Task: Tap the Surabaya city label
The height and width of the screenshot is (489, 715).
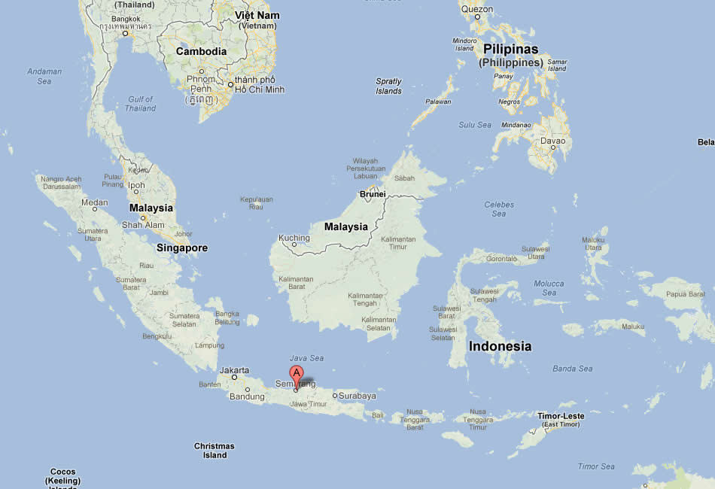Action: point(357,396)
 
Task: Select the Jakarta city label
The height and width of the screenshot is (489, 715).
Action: point(234,370)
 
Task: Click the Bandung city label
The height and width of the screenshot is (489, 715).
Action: point(247,396)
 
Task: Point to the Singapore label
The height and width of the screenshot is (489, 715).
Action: point(182,248)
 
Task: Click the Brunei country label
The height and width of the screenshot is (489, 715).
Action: point(373,193)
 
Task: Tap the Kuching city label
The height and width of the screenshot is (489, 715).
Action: point(294,238)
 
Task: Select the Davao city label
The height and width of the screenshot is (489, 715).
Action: point(552,141)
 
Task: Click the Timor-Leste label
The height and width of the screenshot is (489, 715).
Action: point(561,416)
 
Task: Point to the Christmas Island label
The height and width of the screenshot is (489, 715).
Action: point(214,451)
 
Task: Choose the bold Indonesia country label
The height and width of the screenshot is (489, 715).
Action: point(500,347)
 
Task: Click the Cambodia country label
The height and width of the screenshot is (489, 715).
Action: point(201,52)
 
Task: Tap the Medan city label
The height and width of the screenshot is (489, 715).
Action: point(95,202)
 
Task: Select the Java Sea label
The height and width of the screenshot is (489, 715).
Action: point(306,358)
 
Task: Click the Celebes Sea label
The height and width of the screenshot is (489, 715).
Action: point(499,209)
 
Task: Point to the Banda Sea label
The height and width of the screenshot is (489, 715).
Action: point(572,369)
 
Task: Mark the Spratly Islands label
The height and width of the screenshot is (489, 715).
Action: point(388,86)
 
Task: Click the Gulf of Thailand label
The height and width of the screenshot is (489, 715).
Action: point(141,104)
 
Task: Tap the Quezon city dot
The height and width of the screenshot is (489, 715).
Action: point(477,17)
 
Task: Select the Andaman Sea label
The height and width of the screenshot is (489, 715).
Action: point(44,76)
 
